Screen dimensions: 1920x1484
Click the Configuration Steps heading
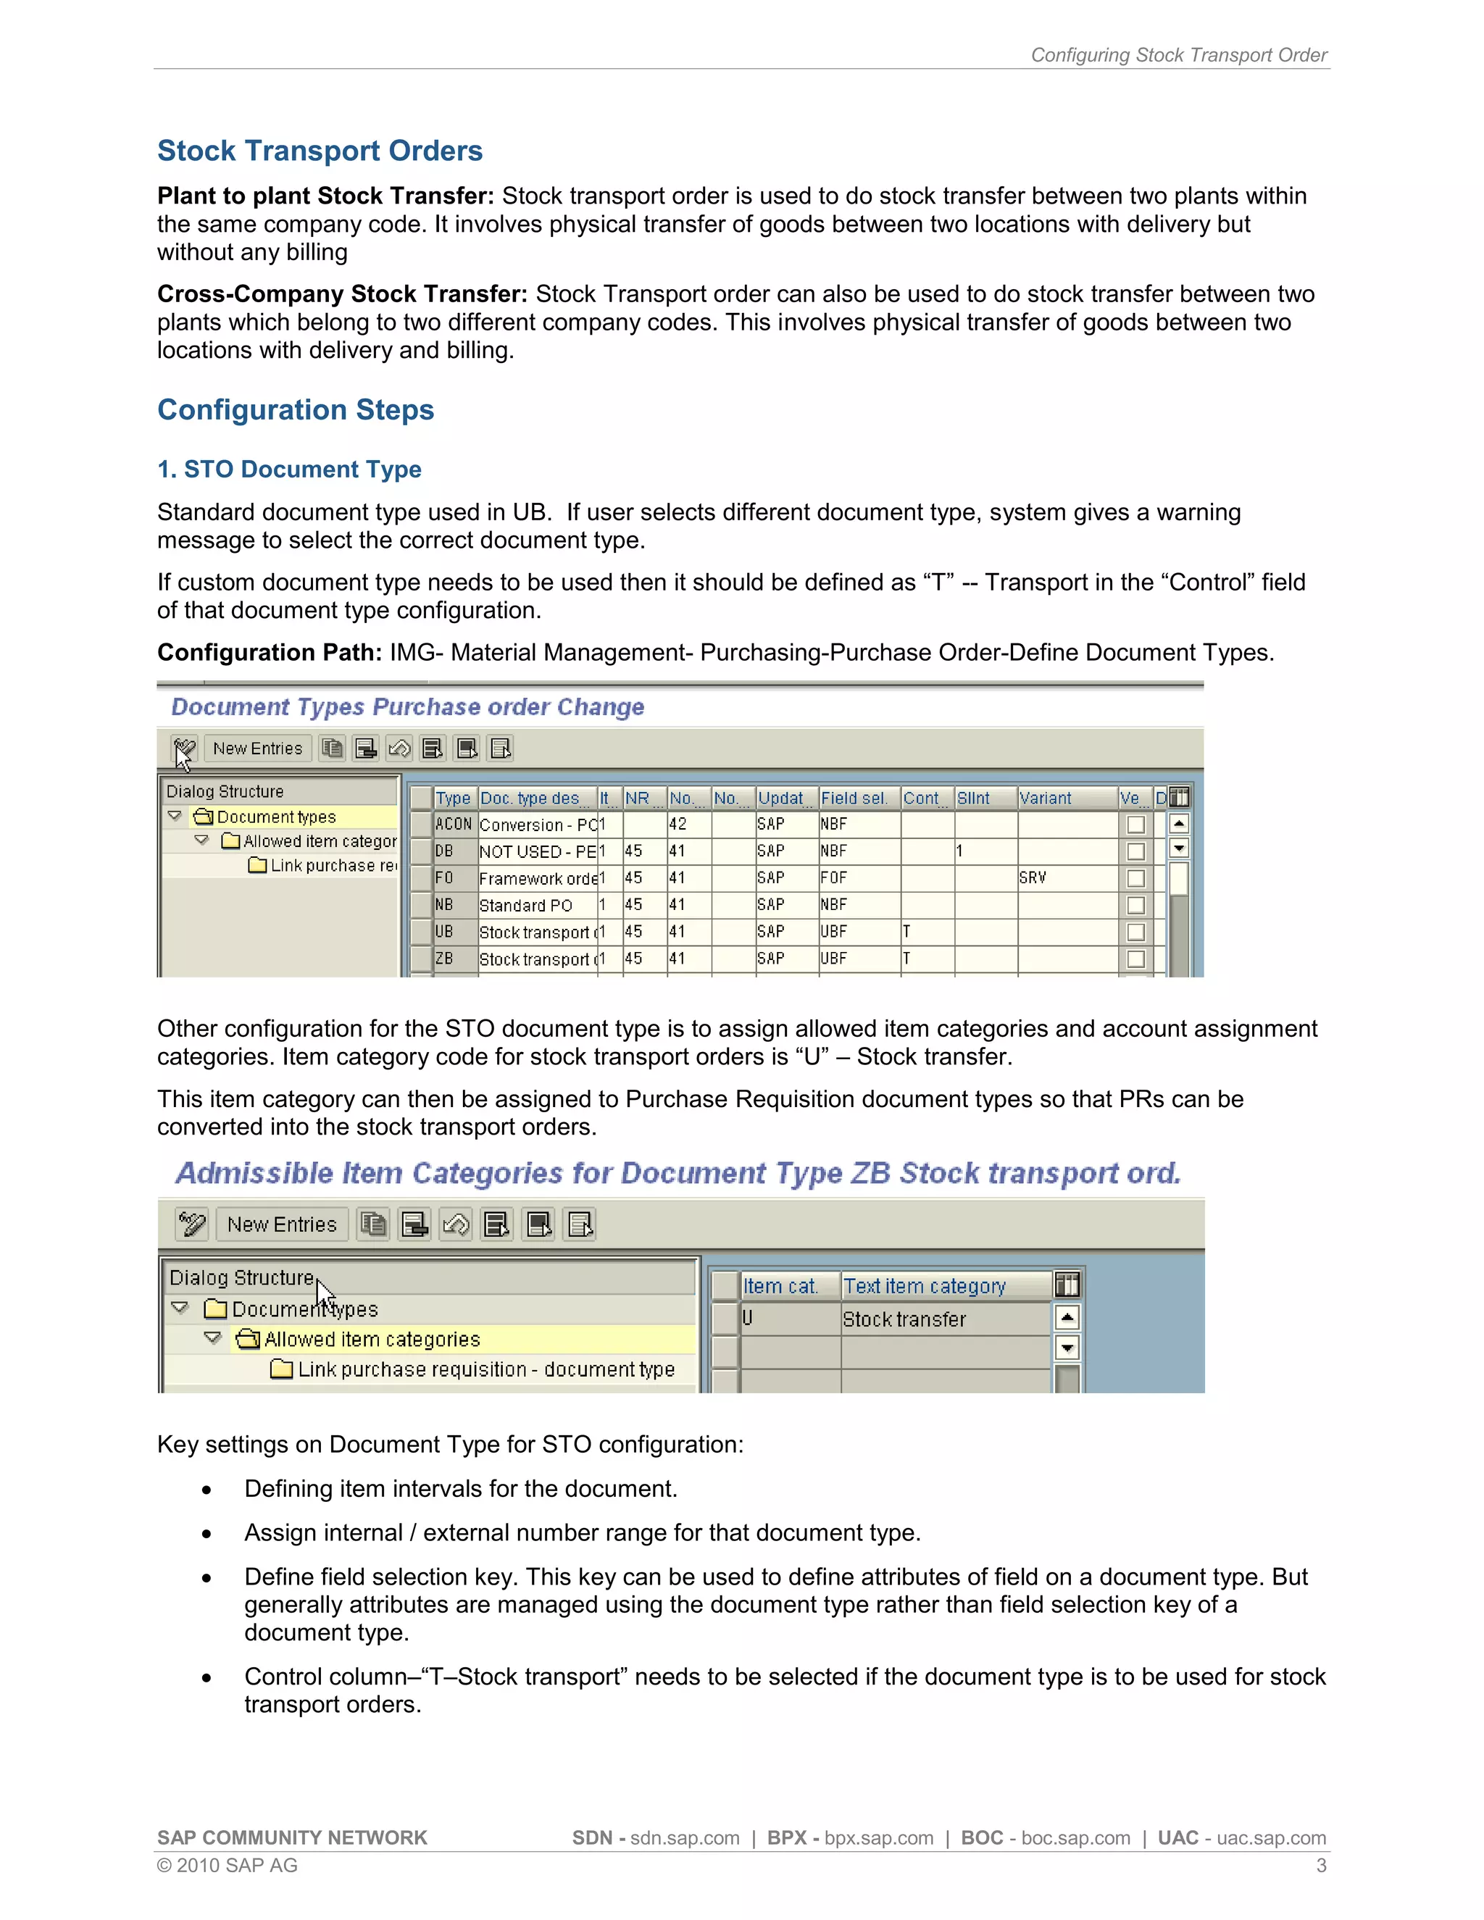pos(296,409)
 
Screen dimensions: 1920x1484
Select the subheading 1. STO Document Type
pos(288,469)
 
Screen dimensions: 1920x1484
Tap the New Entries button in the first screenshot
pos(257,748)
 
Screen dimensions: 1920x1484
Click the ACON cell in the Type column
pos(453,825)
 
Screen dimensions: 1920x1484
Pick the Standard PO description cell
pos(526,906)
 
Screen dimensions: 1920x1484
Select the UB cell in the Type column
pos(445,932)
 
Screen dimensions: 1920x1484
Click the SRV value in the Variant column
pos(1033,878)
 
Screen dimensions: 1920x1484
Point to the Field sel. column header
pos(854,798)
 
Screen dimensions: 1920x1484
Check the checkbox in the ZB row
pos(1136,959)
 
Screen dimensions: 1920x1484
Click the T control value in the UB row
pos(906,932)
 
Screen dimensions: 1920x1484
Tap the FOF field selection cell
pos(833,878)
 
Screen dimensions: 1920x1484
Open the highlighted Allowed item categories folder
pos(371,1339)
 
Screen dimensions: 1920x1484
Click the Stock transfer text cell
pos(904,1319)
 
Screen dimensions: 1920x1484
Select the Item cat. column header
pos(780,1286)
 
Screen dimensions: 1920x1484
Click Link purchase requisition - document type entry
pos(485,1369)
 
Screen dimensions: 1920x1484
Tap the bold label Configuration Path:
pos(269,652)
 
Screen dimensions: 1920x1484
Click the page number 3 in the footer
pos(1320,1866)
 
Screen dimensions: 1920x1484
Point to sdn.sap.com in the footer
pos(685,1838)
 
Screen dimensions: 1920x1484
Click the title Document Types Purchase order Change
pos(407,707)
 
